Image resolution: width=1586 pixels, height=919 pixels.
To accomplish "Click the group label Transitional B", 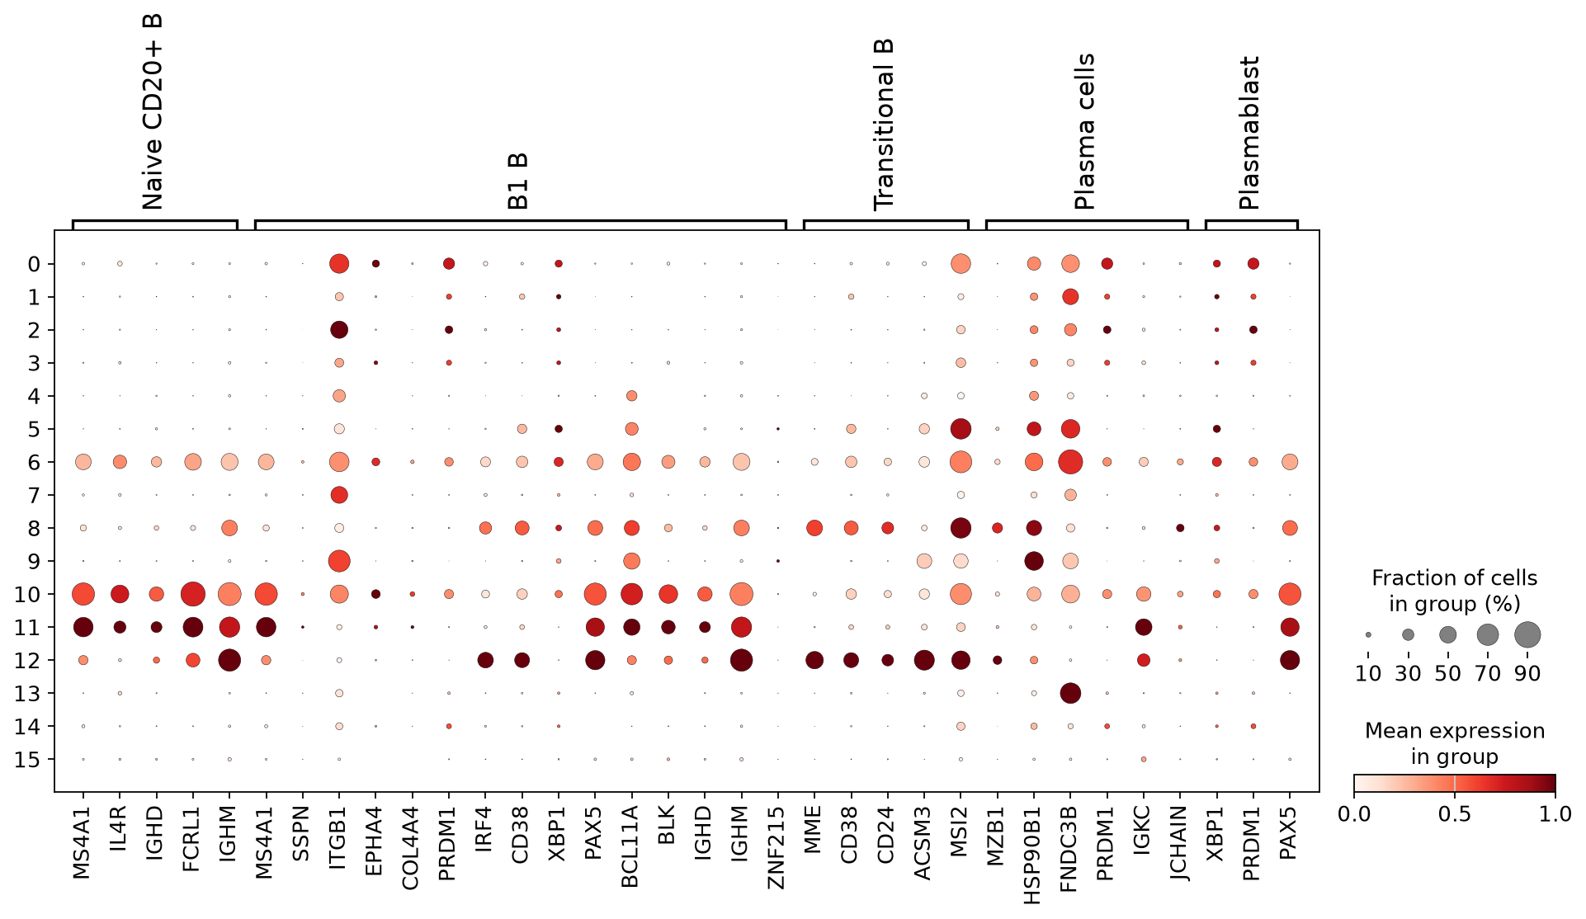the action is (x=884, y=125).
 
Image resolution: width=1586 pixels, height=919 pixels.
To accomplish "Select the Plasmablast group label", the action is (x=1249, y=133).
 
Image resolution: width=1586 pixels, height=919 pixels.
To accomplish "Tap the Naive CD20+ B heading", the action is (x=153, y=112).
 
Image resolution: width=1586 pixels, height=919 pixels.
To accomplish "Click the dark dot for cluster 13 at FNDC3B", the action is (x=1070, y=693).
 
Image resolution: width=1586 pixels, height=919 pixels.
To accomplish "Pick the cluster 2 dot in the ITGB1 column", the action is (x=338, y=330).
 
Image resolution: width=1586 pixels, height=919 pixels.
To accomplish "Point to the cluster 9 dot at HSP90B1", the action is (x=1034, y=561).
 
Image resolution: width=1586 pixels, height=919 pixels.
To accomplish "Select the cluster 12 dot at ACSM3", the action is (x=924, y=660).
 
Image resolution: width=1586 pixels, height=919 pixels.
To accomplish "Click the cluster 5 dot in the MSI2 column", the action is (x=961, y=429).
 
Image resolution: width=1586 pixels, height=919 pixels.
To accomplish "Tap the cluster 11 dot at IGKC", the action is (x=1144, y=627).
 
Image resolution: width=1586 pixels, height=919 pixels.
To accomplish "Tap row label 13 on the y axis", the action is (x=27, y=693).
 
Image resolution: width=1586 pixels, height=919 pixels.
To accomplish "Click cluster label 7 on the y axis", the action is (x=34, y=495).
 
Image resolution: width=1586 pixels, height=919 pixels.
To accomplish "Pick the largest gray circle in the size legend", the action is (x=1527, y=634).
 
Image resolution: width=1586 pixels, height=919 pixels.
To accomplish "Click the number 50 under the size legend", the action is (x=1447, y=674).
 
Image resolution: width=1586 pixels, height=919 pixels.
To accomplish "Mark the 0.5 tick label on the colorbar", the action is (x=1455, y=814).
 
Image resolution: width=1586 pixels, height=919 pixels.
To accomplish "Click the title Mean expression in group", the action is (x=1455, y=743).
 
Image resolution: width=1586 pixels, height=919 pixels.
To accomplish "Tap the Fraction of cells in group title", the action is (x=1455, y=591).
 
